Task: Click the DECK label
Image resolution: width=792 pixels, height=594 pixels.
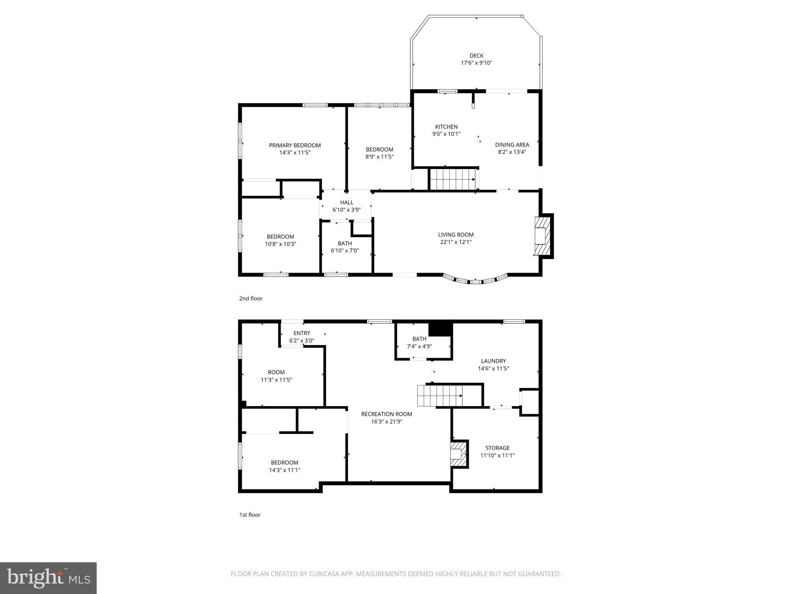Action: point(476,56)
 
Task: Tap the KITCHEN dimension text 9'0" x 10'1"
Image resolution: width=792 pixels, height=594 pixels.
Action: point(446,134)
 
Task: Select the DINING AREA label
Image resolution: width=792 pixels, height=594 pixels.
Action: point(512,145)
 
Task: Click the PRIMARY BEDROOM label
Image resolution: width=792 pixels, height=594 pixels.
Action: point(295,145)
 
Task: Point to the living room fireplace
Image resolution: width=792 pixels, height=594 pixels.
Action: point(542,236)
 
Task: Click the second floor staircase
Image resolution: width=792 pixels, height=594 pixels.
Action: point(453,179)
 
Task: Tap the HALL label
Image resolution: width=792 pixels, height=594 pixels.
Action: point(346,202)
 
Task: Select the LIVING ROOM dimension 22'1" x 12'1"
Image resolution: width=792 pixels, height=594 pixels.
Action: point(456,242)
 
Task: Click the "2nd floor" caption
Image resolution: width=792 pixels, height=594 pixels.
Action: point(251,299)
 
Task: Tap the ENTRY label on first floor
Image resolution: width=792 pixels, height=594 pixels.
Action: point(302,333)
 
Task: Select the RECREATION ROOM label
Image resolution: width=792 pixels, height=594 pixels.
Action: point(386,414)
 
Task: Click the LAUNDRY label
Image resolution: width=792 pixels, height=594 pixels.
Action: point(493,361)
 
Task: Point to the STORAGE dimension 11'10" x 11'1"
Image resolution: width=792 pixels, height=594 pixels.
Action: point(497,456)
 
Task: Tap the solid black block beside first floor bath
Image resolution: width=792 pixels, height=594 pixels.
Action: point(440,329)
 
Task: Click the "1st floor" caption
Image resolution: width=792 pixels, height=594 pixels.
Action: point(249,515)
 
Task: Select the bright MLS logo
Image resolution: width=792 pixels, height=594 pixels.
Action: point(48,577)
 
